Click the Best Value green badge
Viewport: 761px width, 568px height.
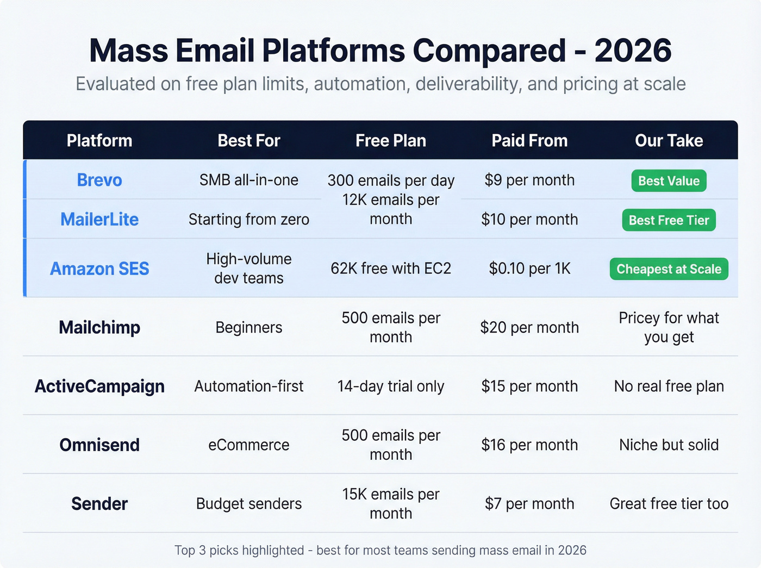[x=669, y=181]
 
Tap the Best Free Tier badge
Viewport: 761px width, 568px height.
[x=669, y=220]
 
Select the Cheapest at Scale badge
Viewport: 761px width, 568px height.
[x=669, y=269]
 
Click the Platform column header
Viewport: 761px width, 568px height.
[x=99, y=141]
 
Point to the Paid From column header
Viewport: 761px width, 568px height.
[x=529, y=141]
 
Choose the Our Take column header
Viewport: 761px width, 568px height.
[x=669, y=141]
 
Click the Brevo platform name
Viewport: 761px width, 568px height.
[x=99, y=180]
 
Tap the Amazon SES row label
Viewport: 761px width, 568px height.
[x=99, y=269]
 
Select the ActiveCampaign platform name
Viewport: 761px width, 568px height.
[x=99, y=386]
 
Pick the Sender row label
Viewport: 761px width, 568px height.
[x=99, y=504]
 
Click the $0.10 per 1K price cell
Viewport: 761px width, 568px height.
[x=529, y=269]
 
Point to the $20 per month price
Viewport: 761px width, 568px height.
[x=529, y=327]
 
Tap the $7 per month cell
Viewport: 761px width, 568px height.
[x=529, y=504]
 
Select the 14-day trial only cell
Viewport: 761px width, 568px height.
[x=390, y=386]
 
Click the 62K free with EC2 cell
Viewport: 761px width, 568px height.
[x=390, y=269]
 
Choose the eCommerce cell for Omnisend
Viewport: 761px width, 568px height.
[x=249, y=445]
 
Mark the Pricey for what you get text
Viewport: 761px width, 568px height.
[x=669, y=327]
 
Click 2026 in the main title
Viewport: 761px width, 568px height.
[x=633, y=51]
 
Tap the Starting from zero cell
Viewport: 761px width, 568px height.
[x=249, y=220]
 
